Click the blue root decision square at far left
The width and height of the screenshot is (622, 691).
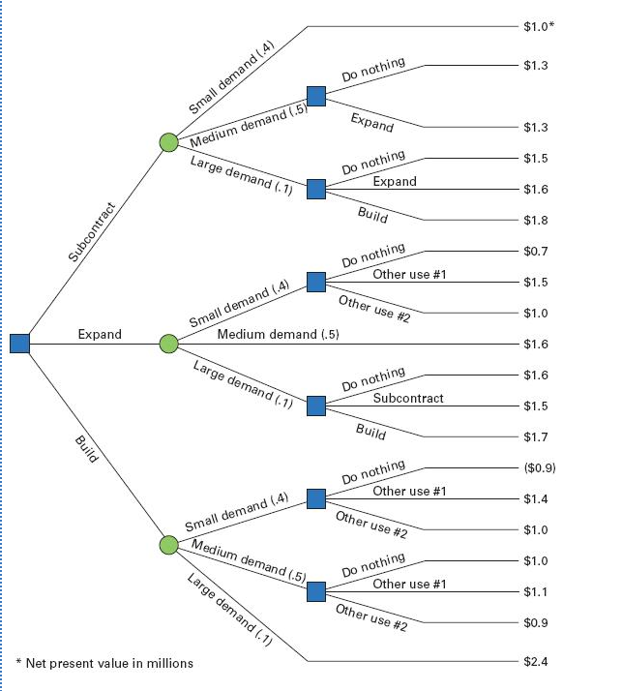[x=20, y=343]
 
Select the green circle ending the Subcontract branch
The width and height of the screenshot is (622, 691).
[x=169, y=143]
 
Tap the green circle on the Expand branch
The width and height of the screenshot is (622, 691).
[x=169, y=343]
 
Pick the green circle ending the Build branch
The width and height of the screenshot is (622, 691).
[x=169, y=545]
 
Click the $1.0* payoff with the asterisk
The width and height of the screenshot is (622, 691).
[x=538, y=26]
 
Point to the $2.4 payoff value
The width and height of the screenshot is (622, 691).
[x=535, y=662]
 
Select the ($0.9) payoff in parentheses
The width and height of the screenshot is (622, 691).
[x=538, y=468]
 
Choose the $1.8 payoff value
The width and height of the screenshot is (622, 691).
[x=535, y=220]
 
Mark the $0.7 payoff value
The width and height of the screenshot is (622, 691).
[x=535, y=252]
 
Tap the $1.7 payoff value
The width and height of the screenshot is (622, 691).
[x=535, y=437]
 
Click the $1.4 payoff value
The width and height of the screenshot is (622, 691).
[x=535, y=499]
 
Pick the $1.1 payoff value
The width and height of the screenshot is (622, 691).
[x=535, y=591]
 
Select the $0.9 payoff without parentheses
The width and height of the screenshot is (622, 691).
[x=535, y=622]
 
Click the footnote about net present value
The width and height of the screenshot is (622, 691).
[x=104, y=663]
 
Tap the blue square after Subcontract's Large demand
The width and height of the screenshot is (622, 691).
[x=316, y=189]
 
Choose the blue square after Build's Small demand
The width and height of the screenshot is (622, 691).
[x=316, y=499]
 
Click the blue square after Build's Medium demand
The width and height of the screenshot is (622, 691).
[x=316, y=591]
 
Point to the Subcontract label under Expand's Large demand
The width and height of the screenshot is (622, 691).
[x=409, y=398]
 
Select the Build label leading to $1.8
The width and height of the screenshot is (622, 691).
[x=372, y=215]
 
